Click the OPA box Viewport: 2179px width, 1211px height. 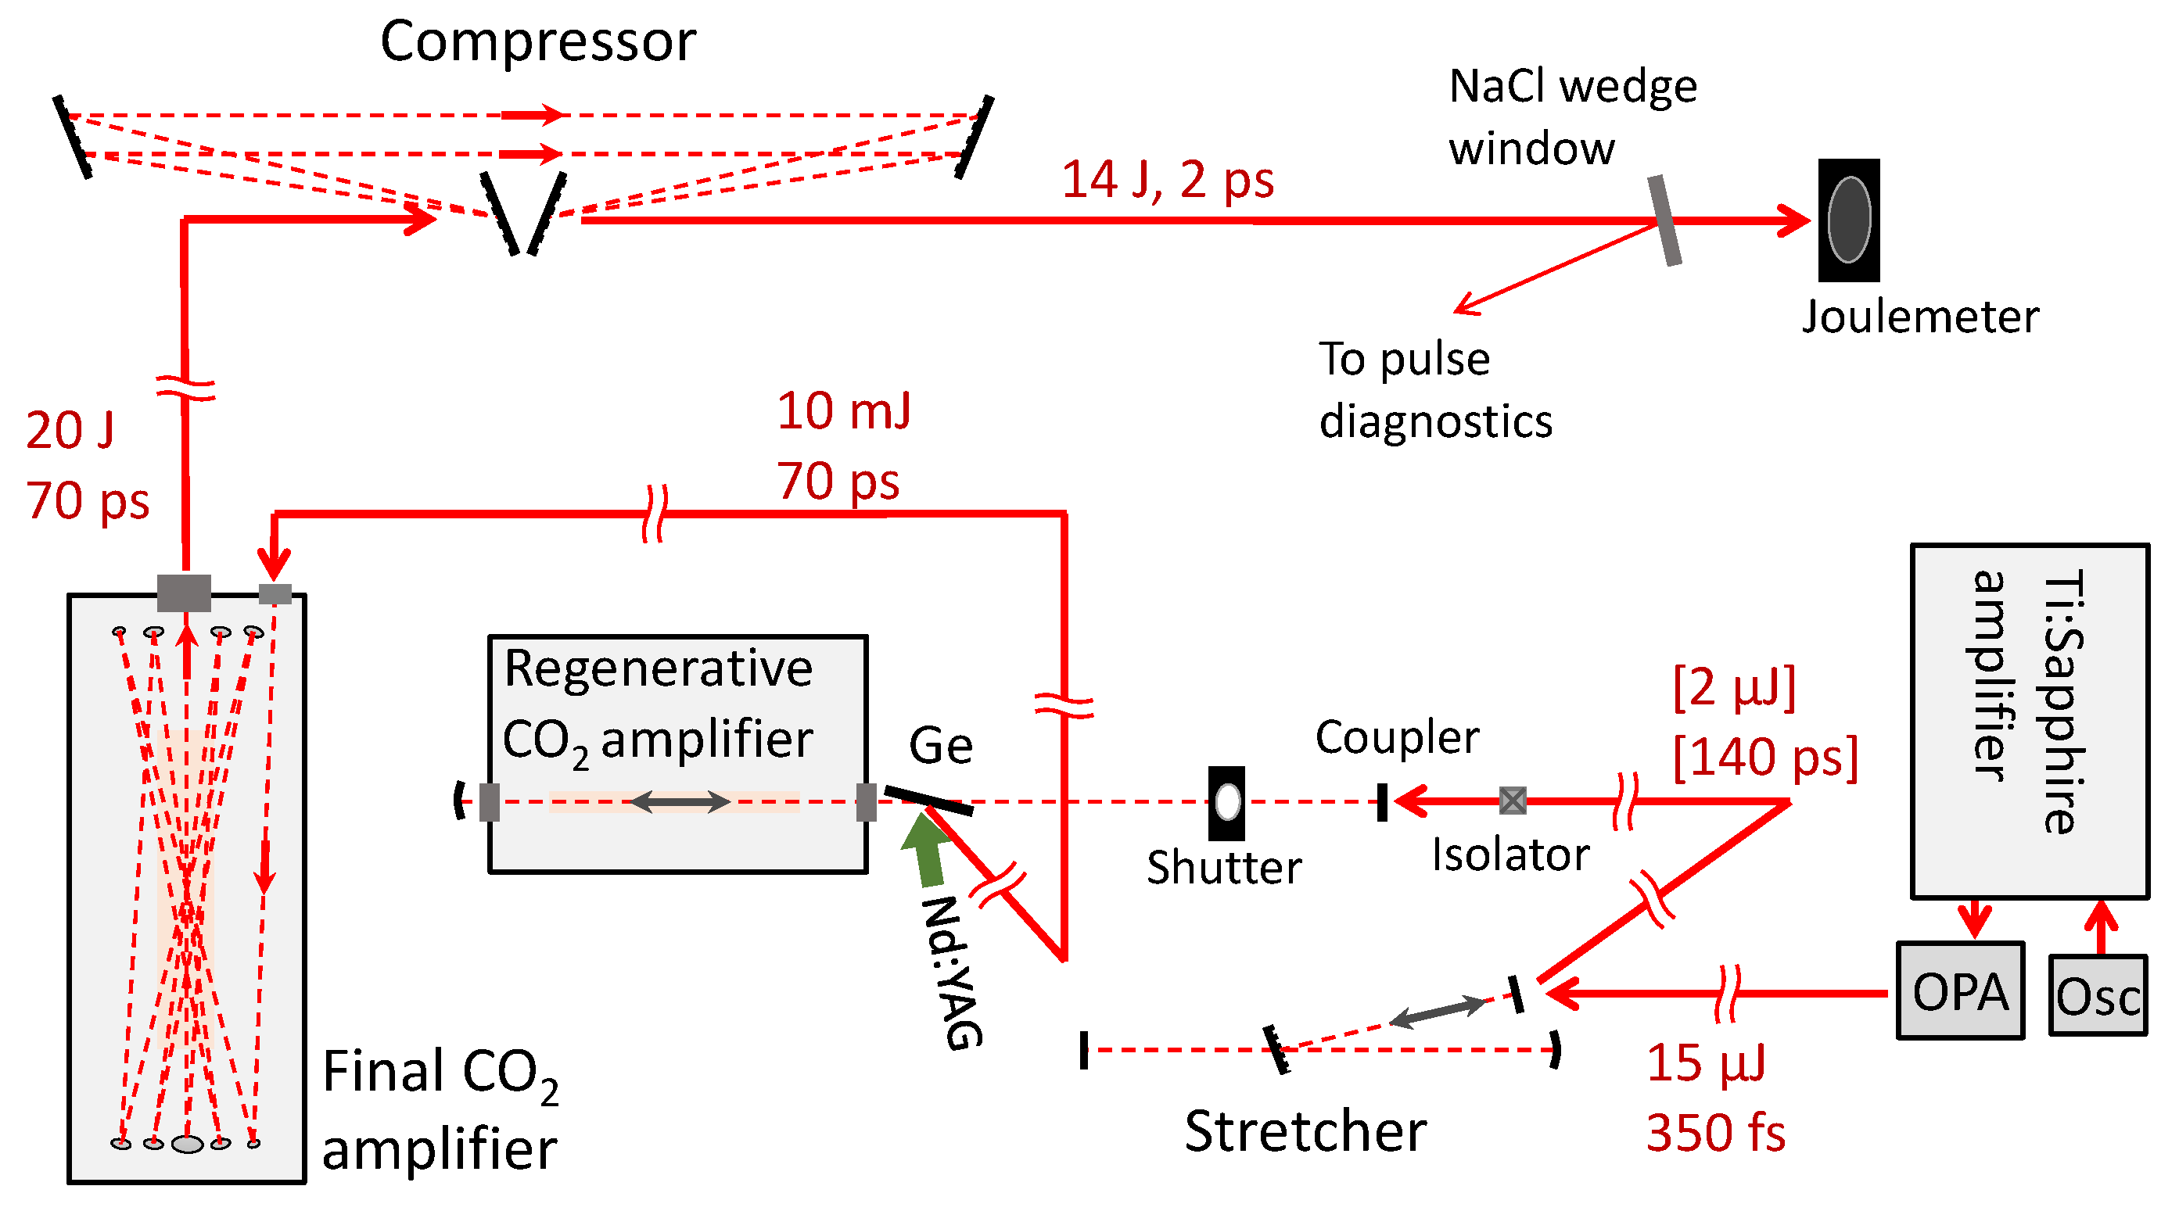pos(1959,990)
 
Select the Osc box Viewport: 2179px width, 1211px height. pos(2097,994)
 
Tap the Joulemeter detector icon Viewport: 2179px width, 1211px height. pos(1848,220)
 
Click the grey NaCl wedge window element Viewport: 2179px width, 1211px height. pos(1664,220)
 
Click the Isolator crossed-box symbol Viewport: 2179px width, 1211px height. pos(1513,800)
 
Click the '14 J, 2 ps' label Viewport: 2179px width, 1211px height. pos(1166,179)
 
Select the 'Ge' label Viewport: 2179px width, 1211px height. pos(940,745)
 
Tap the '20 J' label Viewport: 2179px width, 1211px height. pos(70,430)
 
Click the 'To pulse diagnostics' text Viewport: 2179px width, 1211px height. pos(1434,389)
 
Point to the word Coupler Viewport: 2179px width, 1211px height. pos(1397,736)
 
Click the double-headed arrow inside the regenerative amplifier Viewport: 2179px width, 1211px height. pos(680,801)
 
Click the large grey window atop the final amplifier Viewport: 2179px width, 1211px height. pos(184,592)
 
